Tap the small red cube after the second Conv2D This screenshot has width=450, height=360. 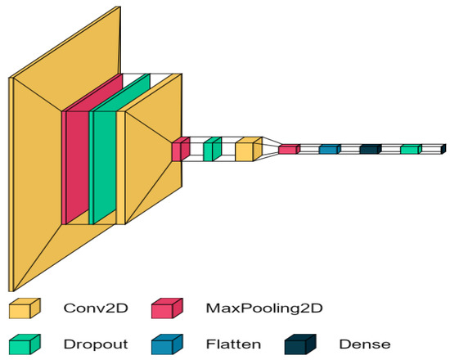coord(179,151)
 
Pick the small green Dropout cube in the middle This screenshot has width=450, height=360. coord(211,150)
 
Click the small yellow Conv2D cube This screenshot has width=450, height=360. coord(246,151)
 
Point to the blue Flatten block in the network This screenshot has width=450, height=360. coord(328,149)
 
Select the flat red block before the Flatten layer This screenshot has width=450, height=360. coord(288,150)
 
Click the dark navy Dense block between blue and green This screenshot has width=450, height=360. coord(369,149)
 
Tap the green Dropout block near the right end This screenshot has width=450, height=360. coord(409,149)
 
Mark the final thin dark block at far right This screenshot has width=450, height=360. coord(443,149)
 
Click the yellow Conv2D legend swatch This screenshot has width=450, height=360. coord(23,309)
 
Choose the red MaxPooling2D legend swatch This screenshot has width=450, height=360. coord(166,308)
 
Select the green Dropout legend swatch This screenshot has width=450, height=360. coord(23,345)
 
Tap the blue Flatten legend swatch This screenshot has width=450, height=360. coord(166,345)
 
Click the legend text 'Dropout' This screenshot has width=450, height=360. coord(95,344)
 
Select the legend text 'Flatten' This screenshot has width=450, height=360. coord(233,344)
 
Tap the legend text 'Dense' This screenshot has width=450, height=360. coord(364,344)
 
